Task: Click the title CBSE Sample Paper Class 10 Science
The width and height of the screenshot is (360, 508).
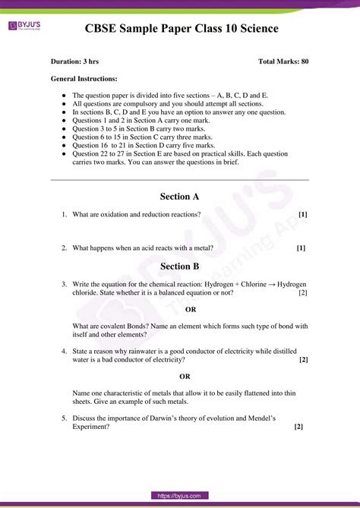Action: pos(182,29)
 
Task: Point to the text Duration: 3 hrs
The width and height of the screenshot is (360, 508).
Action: pos(74,61)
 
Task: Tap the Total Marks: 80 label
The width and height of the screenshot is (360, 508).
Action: pos(283,61)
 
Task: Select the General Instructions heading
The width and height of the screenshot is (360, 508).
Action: pos(84,78)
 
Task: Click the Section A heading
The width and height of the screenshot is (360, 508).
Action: pos(180,197)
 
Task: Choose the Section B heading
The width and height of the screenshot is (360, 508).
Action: pos(180,267)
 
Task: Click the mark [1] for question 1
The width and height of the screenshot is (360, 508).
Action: pos(302,215)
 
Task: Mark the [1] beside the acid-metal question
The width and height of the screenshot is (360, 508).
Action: pos(301,248)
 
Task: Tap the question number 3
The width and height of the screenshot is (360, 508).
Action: pos(65,284)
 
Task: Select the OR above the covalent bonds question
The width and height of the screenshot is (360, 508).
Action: pos(191,310)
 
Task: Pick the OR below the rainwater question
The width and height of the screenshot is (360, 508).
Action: pos(185,377)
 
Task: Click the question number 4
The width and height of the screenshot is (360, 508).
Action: pos(65,352)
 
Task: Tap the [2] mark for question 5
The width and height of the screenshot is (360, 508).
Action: pos(298,427)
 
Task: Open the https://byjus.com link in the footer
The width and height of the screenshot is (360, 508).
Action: pos(179,496)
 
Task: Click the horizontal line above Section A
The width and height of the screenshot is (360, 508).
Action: pos(179,180)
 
